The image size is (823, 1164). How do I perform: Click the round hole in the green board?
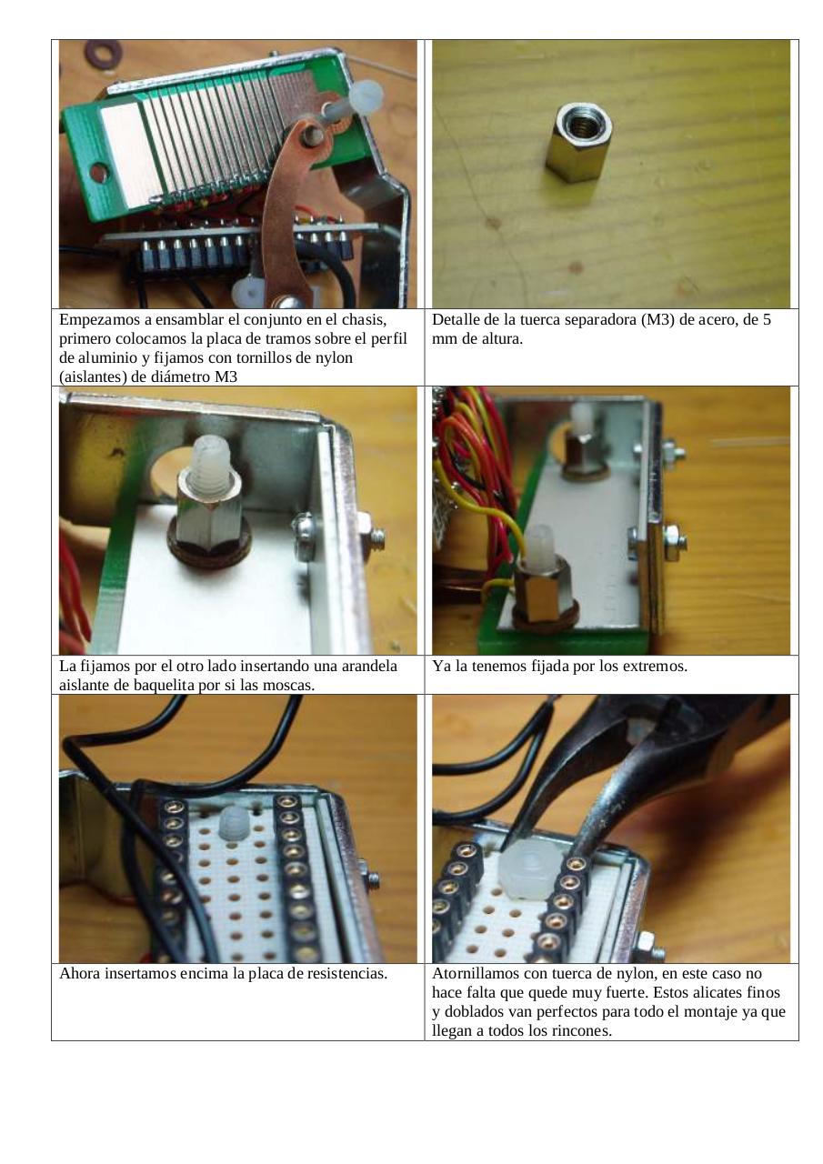tap(99, 172)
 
